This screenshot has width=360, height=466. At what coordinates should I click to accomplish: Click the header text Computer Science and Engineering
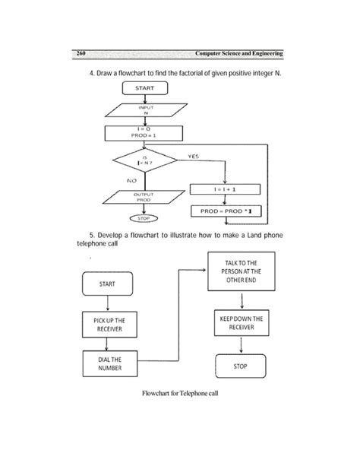(238, 53)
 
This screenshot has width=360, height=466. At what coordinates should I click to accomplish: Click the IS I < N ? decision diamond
(144, 161)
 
